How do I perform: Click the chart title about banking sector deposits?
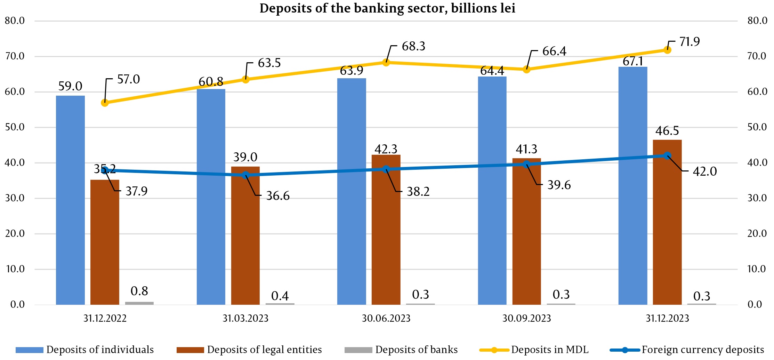coord(387,8)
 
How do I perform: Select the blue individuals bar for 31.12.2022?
coord(70,200)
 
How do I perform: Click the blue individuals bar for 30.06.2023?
coord(352,191)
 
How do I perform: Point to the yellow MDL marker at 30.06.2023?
coord(386,63)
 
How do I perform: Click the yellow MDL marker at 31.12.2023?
coord(667,50)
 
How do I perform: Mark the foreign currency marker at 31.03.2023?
coord(245,175)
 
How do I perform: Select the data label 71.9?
coord(690,42)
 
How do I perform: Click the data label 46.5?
coord(667,131)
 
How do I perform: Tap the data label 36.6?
coord(277,196)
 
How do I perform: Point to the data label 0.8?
coord(139,291)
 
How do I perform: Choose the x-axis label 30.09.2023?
coord(526,318)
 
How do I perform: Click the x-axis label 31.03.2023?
coord(245,318)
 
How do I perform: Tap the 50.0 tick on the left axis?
coord(15,127)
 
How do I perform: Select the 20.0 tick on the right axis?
coord(757,233)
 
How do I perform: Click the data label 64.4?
coord(492,71)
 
